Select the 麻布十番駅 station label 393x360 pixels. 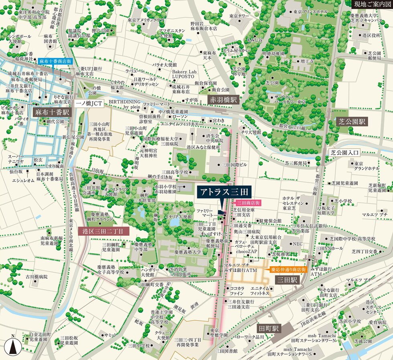tap(52, 113)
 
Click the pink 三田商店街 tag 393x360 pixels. tap(249, 203)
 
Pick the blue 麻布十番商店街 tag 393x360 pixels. tap(55, 61)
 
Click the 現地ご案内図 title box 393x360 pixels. tap(371, 4)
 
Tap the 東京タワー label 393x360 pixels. tap(240, 16)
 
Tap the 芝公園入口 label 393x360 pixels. tap(346, 152)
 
